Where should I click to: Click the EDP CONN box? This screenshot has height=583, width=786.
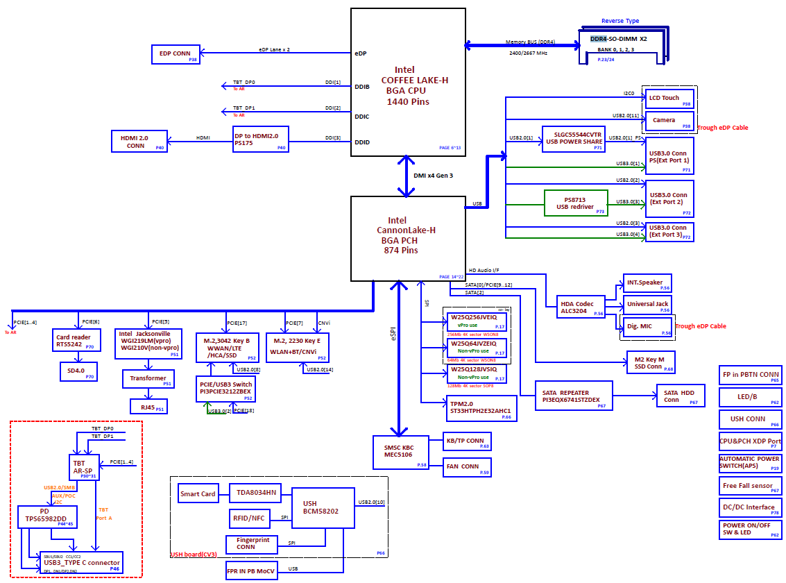click(x=176, y=54)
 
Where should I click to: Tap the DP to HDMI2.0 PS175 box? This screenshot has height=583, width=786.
click(x=260, y=139)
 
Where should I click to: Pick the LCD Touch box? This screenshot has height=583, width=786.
click(x=669, y=98)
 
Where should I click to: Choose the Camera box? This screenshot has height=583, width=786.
click(x=669, y=120)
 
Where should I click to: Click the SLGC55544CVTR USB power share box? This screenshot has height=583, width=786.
click(x=574, y=137)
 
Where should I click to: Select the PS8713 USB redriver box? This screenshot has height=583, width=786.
click(x=576, y=203)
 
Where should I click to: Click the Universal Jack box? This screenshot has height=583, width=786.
click(x=647, y=304)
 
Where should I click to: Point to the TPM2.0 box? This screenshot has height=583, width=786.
click(x=480, y=407)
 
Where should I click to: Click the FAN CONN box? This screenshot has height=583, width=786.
click(x=467, y=466)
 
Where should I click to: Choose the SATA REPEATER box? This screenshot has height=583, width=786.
click(x=574, y=397)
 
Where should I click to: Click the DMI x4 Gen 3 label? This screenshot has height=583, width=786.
click(x=433, y=176)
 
